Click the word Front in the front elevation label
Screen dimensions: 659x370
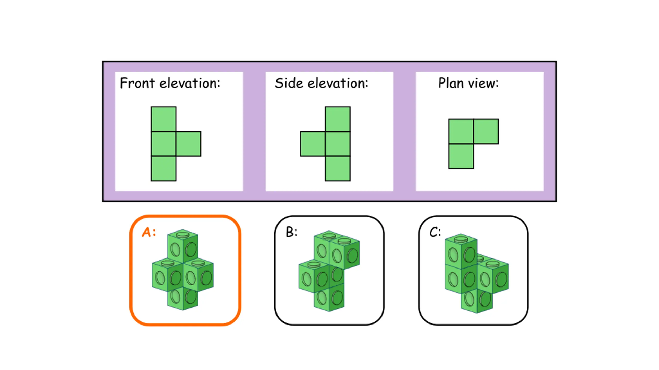tap(137, 83)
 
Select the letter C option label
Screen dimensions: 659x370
tap(435, 232)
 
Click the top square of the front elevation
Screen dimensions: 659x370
tap(163, 119)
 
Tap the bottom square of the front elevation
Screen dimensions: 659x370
tap(163, 169)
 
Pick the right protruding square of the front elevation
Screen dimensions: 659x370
tap(189, 144)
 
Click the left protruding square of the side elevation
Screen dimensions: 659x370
tap(313, 144)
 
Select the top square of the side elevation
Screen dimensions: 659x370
tap(338, 119)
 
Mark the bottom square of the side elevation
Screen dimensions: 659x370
tap(338, 169)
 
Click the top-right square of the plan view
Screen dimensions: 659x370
tap(486, 131)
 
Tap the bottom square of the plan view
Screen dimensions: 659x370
tap(461, 156)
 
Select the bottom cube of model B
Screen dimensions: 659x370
tap(329, 297)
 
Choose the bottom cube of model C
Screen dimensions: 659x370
tap(477, 300)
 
